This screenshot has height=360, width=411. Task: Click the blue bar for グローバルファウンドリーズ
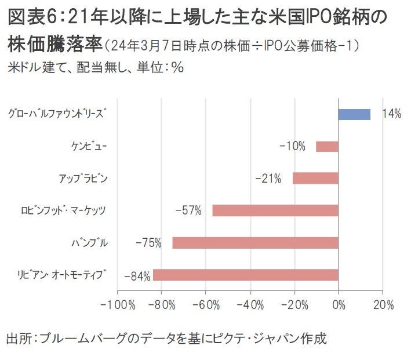(354, 114)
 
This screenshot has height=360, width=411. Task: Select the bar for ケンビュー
(327, 146)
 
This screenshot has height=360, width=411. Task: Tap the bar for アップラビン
(315, 178)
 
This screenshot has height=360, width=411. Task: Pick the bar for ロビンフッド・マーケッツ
(275, 210)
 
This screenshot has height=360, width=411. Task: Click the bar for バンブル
(255, 242)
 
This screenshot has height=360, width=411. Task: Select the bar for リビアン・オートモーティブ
(245, 275)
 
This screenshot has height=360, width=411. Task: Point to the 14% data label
(391, 114)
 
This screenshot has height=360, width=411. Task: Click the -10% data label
(292, 146)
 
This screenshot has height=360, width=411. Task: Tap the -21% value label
(268, 179)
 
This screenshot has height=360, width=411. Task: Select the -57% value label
(188, 211)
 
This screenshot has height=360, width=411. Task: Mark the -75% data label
(148, 243)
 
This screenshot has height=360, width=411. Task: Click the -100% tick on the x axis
(118, 304)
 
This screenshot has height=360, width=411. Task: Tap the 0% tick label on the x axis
(339, 304)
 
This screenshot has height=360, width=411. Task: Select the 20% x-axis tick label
(383, 304)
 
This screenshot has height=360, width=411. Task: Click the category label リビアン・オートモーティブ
(63, 275)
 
